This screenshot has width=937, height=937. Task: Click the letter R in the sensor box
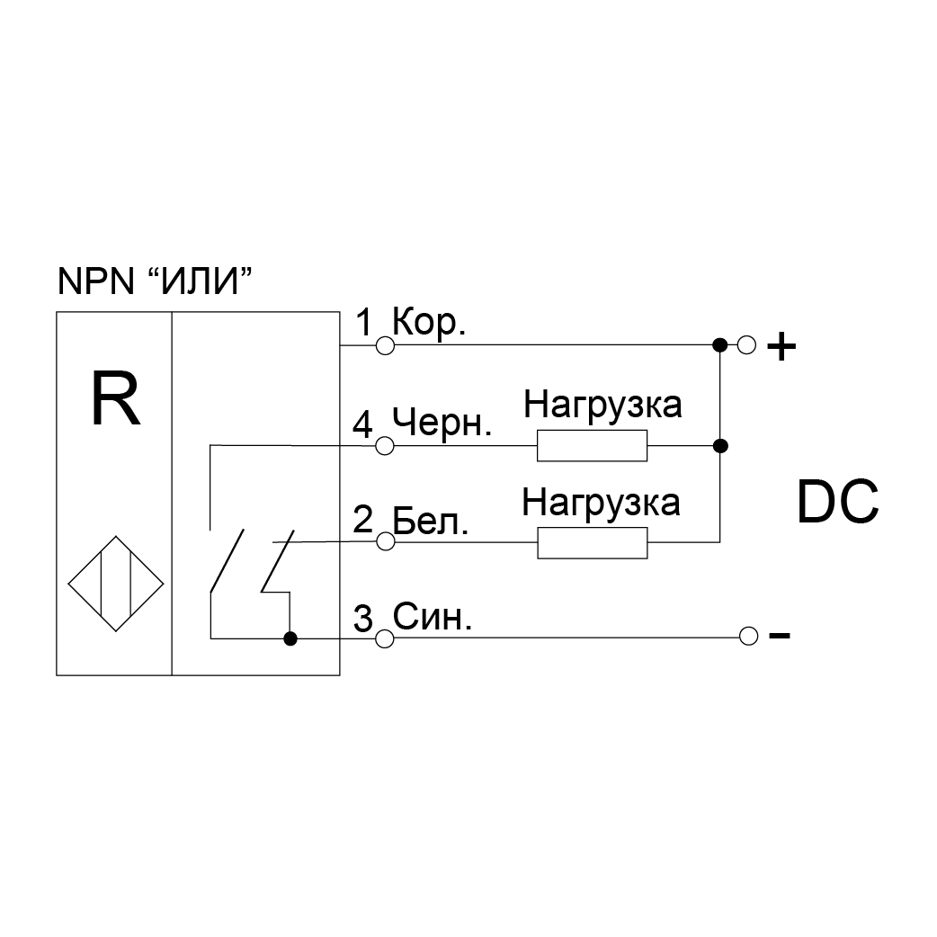pos(116,401)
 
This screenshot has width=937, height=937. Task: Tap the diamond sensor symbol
pos(117,583)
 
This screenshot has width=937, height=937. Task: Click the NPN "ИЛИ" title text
pos(153,281)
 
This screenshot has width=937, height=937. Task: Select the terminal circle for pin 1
pos(385,345)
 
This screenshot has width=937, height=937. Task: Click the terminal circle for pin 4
pos(385,445)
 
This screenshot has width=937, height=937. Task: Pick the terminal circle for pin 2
pos(385,542)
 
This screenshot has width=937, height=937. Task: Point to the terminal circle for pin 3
pos(385,638)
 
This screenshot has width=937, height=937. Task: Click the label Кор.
pos(430,323)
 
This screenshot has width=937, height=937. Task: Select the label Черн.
pos(442,422)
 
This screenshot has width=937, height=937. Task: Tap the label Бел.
pos(431,520)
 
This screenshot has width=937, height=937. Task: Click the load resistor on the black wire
pos(592,445)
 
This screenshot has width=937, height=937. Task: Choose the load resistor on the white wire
pos(592,542)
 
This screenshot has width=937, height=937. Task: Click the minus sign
pos(780,637)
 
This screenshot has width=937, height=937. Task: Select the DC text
pos(837,504)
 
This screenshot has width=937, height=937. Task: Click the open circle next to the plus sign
pos(746,345)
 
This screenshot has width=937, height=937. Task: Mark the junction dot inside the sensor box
pos(290,638)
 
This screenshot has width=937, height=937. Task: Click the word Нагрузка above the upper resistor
pos(603,405)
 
